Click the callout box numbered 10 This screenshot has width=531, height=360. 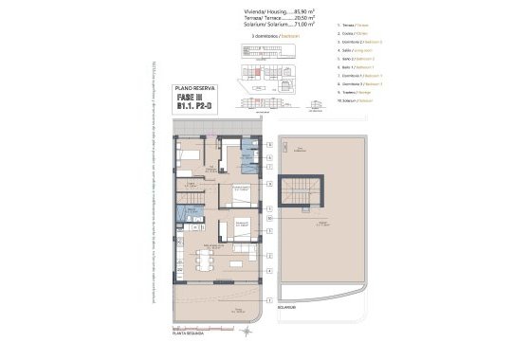[270, 218]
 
